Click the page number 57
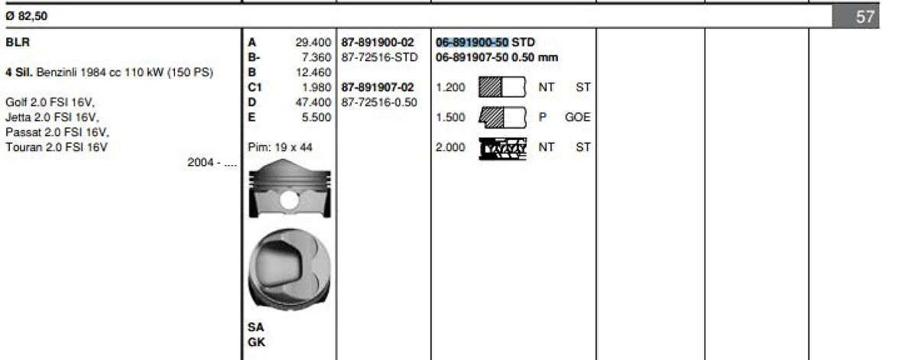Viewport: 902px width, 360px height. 865,16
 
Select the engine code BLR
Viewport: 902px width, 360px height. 18,43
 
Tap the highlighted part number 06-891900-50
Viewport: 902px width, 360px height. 472,43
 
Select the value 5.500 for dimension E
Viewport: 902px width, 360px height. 317,117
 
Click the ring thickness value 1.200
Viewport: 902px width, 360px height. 450,87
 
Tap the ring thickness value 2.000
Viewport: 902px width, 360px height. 450,148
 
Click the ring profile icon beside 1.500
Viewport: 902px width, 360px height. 502,118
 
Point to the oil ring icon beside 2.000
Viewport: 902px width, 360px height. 502,148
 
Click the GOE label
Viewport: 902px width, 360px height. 577,118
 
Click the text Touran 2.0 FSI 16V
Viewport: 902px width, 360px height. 57,148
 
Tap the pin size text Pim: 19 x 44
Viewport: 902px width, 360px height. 281,147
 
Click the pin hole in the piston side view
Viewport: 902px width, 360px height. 289,201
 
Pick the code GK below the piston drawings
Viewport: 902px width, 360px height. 256,342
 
